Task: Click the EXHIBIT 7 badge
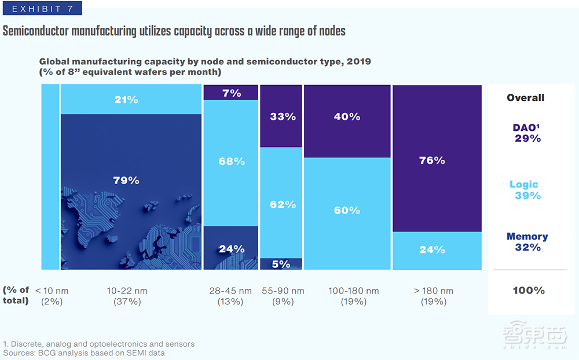click(x=41, y=9)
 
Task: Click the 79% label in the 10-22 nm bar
click(x=126, y=180)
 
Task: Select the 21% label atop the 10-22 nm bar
click(x=126, y=100)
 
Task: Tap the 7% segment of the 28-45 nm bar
click(x=232, y=93)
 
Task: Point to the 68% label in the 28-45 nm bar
click(x=232, y=161)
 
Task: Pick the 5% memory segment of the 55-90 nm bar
click(x=281, y=264)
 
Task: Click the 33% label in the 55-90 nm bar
click(x=283, y=116)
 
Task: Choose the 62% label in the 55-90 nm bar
click(x=283, y=204)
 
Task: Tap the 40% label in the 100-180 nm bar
click(x=347, y=116)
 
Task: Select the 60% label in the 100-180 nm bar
click(x=347, y=210)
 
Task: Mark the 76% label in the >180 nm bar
click(x=432, y=160)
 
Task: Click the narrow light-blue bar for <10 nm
click(x=50, y=177)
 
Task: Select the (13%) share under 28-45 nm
click(x=232, y=302)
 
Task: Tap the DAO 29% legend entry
click(x=527, y=133)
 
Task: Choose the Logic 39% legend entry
click(x=526, y=190)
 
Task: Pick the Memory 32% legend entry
click(x=527, y=242)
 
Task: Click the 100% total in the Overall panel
click(x=528, y=291)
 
